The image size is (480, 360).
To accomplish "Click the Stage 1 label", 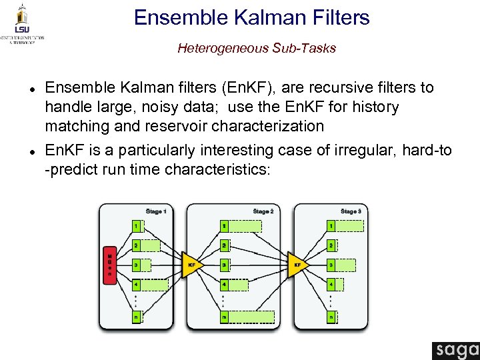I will [156, 211].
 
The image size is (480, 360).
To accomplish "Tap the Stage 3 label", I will [351, 211].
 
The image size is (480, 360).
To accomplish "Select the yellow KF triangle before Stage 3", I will [299, 265].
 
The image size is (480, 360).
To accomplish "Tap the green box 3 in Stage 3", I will [331, 265].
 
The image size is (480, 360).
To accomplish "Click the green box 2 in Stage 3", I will [331, 245].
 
